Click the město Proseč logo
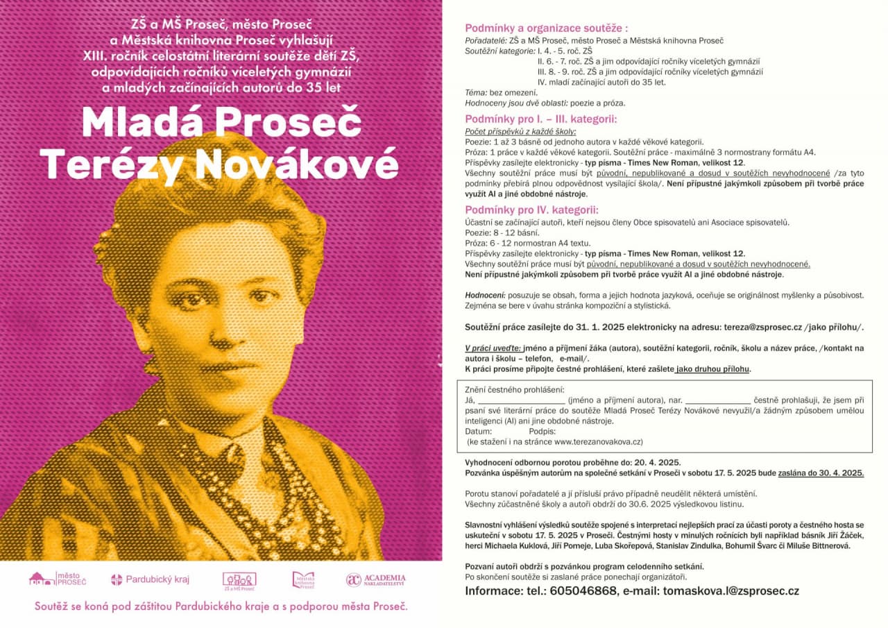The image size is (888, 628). coord(57,578)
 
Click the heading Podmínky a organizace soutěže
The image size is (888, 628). coord(545,28)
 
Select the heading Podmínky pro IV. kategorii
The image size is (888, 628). coord(531,210)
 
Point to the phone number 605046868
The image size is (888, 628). coord(583,591)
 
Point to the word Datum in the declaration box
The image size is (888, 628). coord(479,431)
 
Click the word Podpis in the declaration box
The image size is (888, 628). coord(552,431)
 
